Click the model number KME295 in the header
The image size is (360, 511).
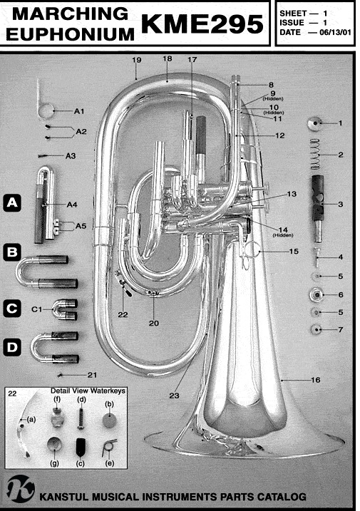(x=202, y=24)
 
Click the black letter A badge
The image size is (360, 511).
(x=12, y=203)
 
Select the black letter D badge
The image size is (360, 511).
(x=12, y=347)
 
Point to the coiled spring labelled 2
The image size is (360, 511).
(x=315, y=154)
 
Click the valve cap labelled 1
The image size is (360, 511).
(x=314, y=123)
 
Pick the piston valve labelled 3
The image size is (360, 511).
(x=318, y=209)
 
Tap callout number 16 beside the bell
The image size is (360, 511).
(x=315, y=380)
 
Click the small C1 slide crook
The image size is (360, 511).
(x=65, y=309)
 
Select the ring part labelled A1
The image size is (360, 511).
(x=43, y=104)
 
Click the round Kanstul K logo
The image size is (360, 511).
(x=21, y=488)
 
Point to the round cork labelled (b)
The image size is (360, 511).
(x=108, y=420)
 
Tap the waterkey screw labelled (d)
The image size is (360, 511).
(x=81, y=418)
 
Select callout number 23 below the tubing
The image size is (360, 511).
(x=174, y=396)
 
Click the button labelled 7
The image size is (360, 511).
(x=317, y=329)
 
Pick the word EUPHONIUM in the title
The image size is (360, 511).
(x=70, y=34)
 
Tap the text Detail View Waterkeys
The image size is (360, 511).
(x=88, y=391)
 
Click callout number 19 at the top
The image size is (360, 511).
(x=137, y=60)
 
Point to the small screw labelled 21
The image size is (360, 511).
(x=60, y=376)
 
